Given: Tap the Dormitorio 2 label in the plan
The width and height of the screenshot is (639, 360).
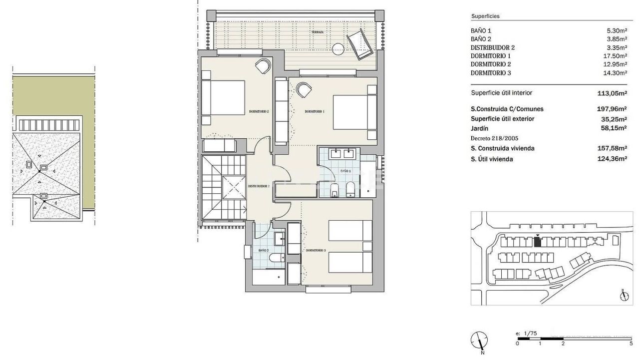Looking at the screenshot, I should (x=259, y=112).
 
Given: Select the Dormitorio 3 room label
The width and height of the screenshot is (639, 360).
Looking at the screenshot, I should (x=316, y=250).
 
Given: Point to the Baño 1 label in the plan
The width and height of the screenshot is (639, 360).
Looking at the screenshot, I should (x=346, y=171).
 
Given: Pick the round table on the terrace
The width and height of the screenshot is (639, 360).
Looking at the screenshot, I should (x=338, y=48).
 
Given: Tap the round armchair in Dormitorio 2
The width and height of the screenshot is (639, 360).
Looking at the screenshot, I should (x=263, y=65).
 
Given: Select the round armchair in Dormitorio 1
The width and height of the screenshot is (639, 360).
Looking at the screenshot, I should (x=303, y=89).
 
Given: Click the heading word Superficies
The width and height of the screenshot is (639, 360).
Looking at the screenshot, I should (x=485, y=16).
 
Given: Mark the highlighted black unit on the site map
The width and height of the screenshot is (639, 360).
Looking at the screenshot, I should (x=537, y=242).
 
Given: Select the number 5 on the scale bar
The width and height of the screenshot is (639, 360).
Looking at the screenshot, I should (x=631, y=344).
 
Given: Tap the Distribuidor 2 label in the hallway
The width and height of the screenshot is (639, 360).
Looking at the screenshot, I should (x=259, y=186).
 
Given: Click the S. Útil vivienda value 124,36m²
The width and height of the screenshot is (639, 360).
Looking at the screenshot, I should (x=612, y=159).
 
